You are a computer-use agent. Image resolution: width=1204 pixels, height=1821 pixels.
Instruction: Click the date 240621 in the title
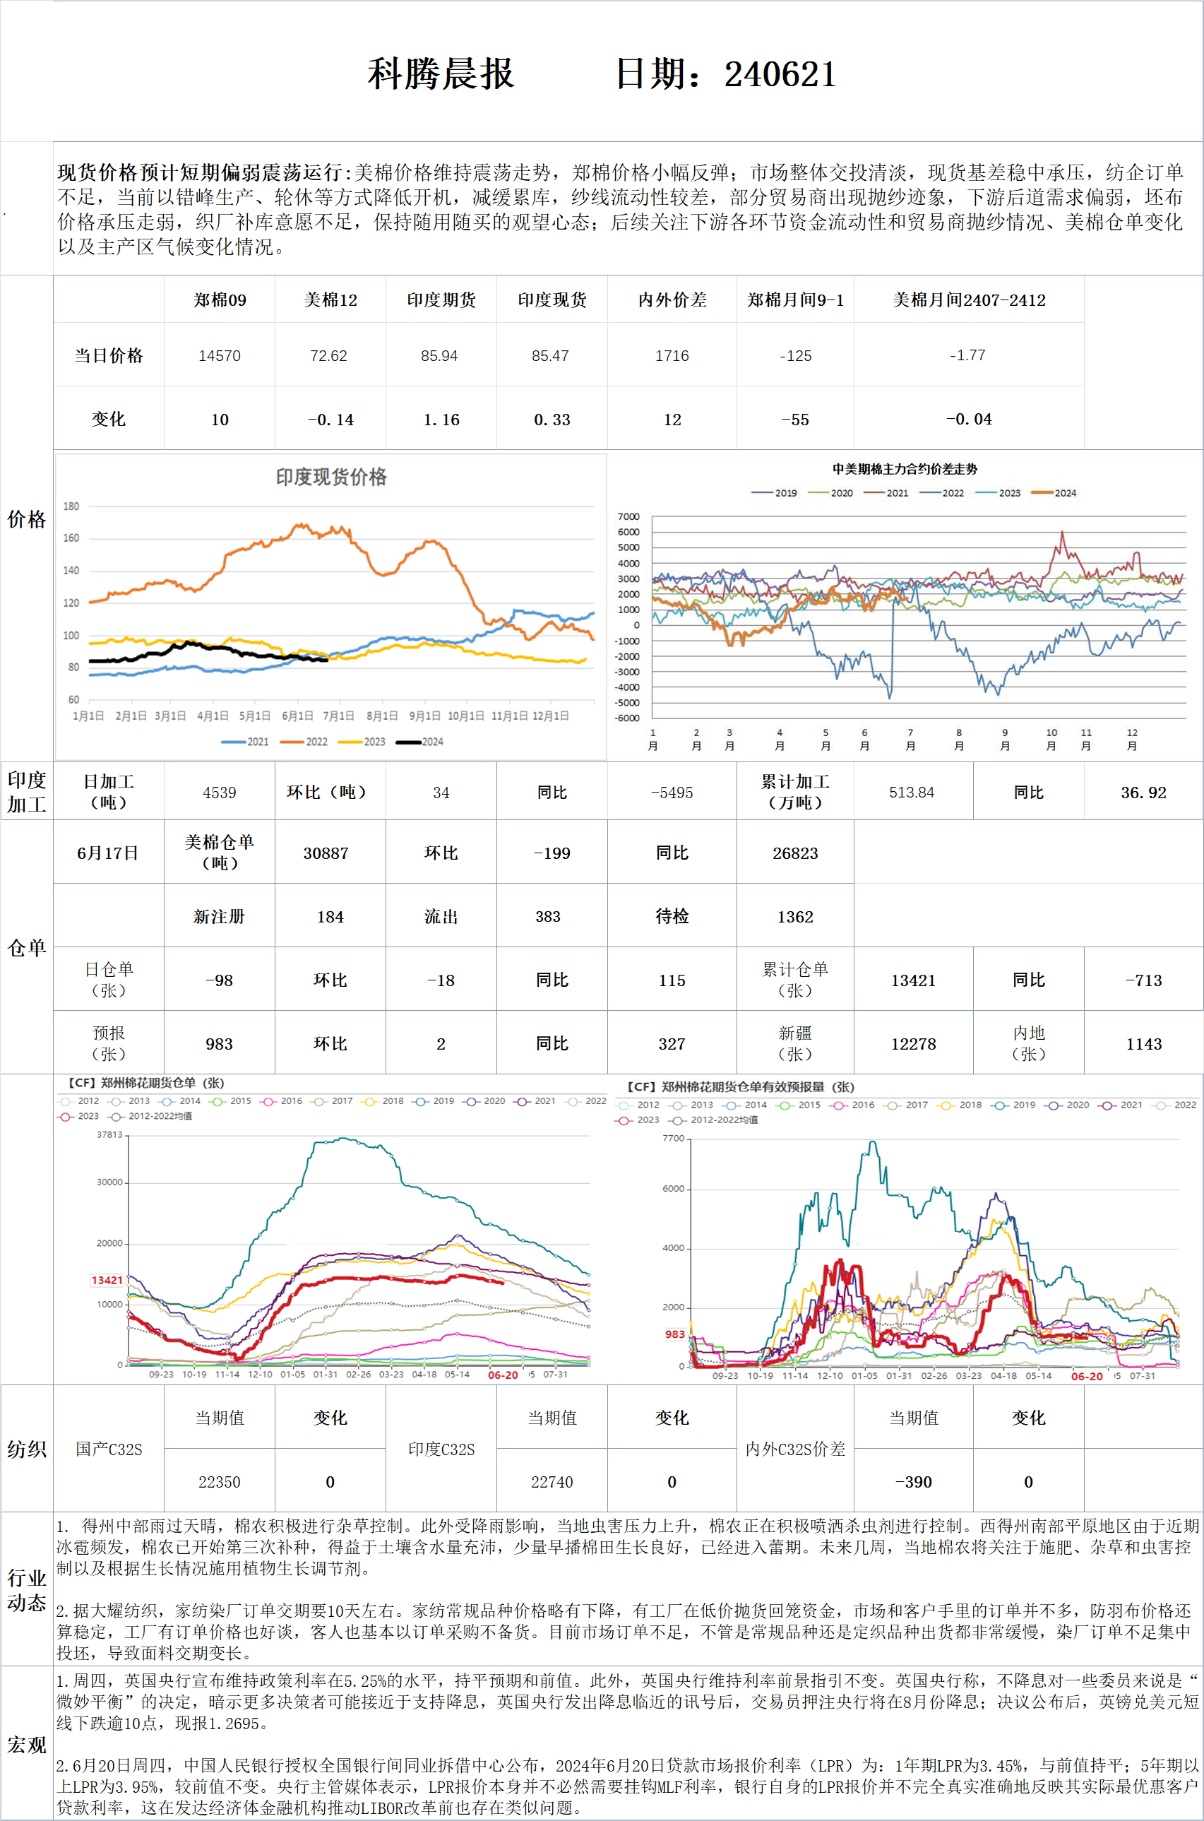[x=780, y=74]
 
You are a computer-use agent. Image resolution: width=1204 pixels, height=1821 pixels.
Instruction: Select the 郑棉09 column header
[x=220, y=300]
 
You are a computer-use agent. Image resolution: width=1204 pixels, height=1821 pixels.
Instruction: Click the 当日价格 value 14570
[x=220, y=355]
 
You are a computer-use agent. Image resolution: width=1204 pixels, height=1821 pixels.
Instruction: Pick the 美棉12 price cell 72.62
[x=328, y=355]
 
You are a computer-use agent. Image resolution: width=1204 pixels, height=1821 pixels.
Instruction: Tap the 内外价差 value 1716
[x=672, y=355]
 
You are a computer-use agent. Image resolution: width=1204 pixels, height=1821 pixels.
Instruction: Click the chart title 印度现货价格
[x=331, y=477]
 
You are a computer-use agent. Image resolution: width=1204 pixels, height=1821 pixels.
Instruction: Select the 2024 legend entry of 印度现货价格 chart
[x=421, y=741]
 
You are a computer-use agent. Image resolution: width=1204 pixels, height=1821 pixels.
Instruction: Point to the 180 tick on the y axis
[x=71, y=506]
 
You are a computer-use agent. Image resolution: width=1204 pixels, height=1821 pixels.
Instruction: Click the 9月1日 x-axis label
[x=425, y=716]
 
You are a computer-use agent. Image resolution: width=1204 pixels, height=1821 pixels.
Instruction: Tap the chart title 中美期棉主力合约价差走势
[x=905, y=468]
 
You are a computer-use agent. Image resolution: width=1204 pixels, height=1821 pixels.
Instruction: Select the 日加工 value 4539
[x=220, y=793]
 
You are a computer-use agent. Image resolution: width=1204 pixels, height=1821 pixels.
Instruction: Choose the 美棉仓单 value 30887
[x=326, y=853]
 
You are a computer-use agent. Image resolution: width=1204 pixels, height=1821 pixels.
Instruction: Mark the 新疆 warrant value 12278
[x=913, y=1044]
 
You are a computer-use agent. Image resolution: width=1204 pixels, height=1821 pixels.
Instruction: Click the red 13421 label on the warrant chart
[x=107, y=1279]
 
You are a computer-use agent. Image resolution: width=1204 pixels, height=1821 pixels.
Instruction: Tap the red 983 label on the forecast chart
[x=675, y=1334]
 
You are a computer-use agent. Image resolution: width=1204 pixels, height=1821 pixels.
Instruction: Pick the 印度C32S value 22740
[x=552, y=1481]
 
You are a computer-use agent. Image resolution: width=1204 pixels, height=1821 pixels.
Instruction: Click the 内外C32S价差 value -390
[x=913, y=1481]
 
